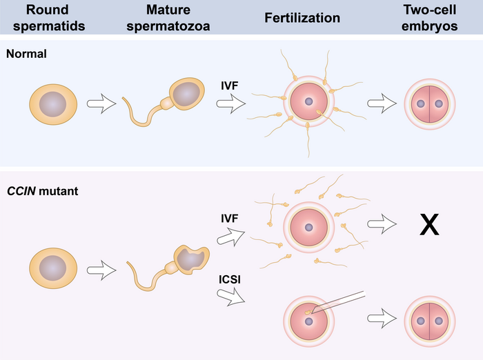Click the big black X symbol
[x=429, y=226]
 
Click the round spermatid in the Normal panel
[x=49, y=106]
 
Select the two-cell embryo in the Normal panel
[x=429, y=106]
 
